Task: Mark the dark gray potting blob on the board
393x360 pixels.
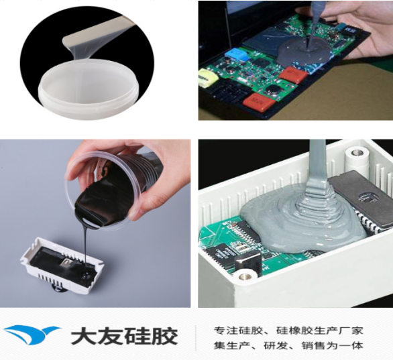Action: tap(303, 52)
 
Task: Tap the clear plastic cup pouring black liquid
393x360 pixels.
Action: tap(105, 190)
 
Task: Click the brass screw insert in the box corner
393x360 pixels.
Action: tap(243, 276)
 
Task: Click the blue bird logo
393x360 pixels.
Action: tap(32, 335)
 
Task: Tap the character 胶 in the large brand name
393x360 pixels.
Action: tap(165, 336)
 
